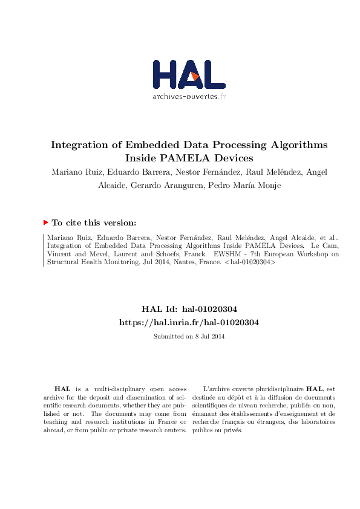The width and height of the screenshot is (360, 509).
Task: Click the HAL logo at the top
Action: coord(189,75)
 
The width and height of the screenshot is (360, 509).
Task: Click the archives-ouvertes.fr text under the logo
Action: coord(189,97)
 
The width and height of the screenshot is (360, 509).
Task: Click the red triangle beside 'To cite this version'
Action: coord(45,222)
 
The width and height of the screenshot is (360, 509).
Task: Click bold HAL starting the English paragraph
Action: coord(62,389)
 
